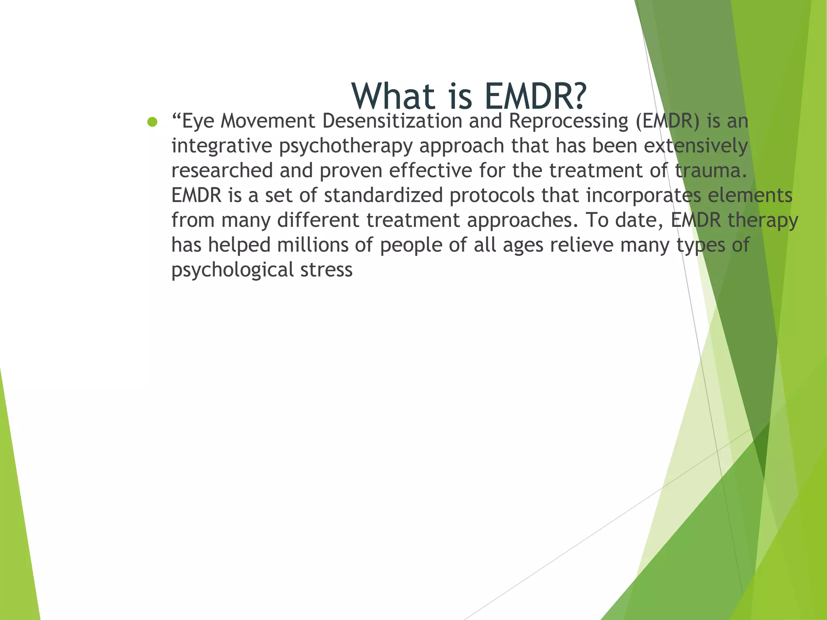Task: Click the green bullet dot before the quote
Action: [152, 122]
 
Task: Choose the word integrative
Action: [222, 146]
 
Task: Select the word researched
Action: [222, 171]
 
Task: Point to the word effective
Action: [430, 171]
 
